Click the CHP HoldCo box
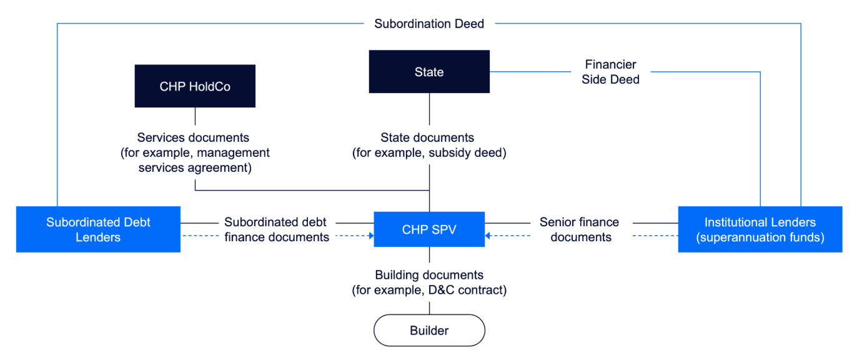195,86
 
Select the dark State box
429,72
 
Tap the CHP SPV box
429,229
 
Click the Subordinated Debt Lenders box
98,229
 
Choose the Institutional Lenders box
760,229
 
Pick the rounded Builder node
429,330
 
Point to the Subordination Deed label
429,24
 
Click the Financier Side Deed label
610,72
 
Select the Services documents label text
195,137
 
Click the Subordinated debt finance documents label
277,229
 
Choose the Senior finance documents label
580,229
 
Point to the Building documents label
429,275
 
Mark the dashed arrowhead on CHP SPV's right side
488,236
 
